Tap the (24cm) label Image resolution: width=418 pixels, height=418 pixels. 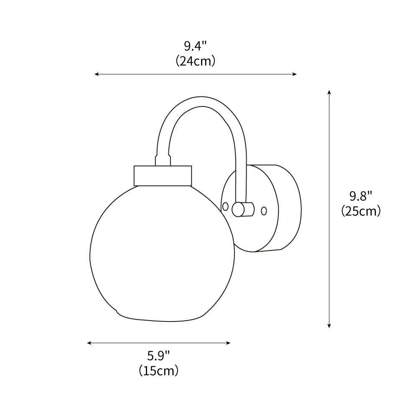pos(195,61)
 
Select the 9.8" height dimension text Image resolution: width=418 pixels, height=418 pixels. pos(361,196)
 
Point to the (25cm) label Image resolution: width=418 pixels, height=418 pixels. pos(361,211)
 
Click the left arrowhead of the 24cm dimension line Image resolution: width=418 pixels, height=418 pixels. pos(96,74)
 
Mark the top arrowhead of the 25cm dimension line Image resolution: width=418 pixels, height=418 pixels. pos(329,92)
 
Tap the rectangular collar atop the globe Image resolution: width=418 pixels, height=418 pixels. pos(163,175)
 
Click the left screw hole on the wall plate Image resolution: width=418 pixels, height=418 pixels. pos(225,206)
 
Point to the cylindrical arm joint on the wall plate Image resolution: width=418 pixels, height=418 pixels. pos(243,209)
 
